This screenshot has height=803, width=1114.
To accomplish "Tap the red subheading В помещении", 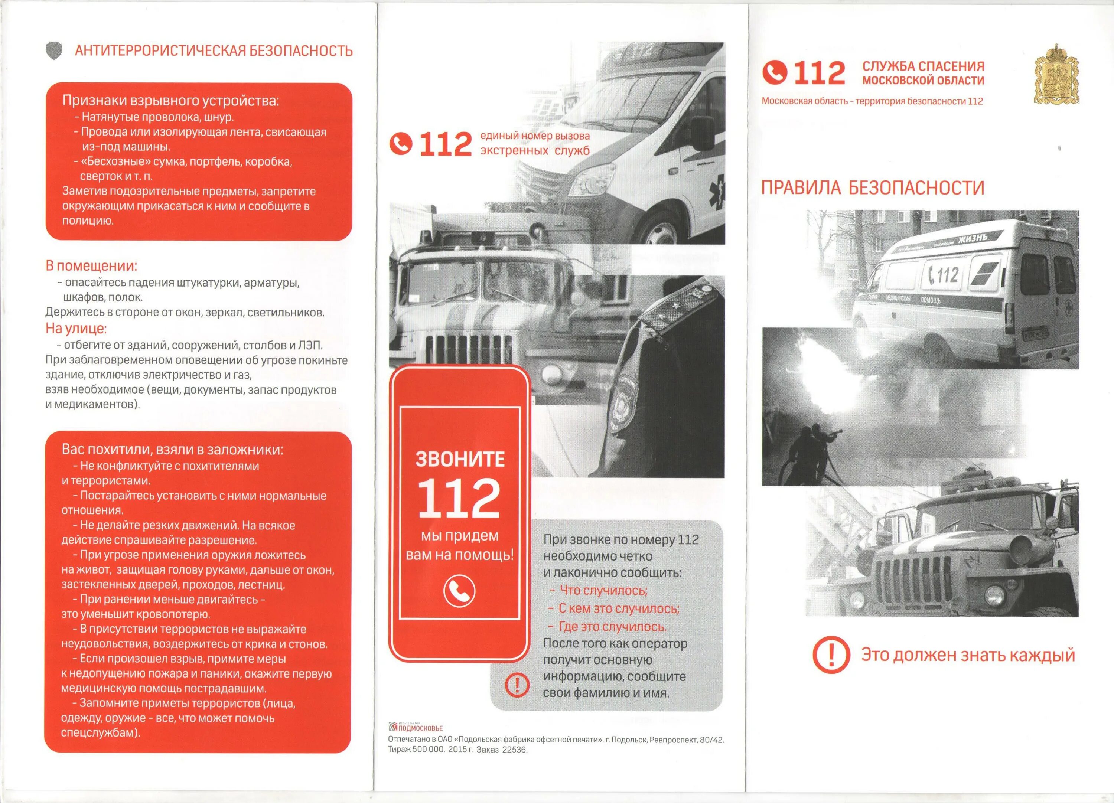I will coord(91,266).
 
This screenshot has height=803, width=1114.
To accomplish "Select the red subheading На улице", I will coord(76,328).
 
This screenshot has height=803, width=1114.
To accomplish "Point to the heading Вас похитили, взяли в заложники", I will coord(172,449).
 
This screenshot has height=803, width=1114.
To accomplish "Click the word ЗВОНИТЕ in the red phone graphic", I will coord(460,459).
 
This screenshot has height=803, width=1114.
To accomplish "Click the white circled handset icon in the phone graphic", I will coord(459,591).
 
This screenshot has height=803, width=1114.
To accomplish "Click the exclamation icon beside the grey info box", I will coord(517,685).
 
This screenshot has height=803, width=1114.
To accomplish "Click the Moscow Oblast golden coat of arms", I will coord(1056,75).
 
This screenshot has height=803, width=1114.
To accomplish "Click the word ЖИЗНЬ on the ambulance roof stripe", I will coord(972,239).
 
